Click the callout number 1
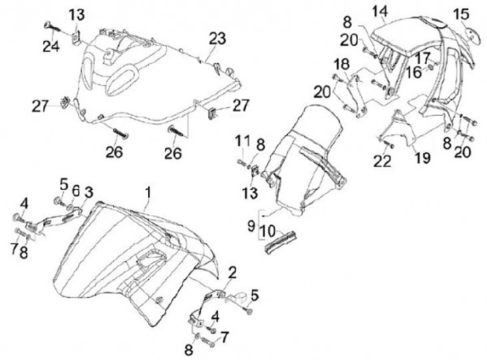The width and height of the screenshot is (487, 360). click(149, 193)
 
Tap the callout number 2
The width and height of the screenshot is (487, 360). click(232, 273)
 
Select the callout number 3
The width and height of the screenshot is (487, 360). click(89, 192)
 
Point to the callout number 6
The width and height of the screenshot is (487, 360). click(76, 192)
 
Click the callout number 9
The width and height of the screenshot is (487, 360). click(252, 225)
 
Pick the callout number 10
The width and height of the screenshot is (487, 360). click(268, 231)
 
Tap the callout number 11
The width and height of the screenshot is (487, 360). click(243, 141)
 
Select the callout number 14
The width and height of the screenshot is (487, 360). click(380, 12)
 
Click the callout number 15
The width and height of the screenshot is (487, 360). click(461, 14)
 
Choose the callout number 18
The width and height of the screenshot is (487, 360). click(342, 64)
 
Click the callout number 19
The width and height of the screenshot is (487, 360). click(422, 158)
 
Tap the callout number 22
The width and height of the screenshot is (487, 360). click(382, 161)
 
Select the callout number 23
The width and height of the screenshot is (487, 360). click(217, 39)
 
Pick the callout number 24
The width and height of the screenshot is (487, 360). click(51, 47)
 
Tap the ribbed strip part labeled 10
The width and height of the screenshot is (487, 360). click(281, 242)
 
